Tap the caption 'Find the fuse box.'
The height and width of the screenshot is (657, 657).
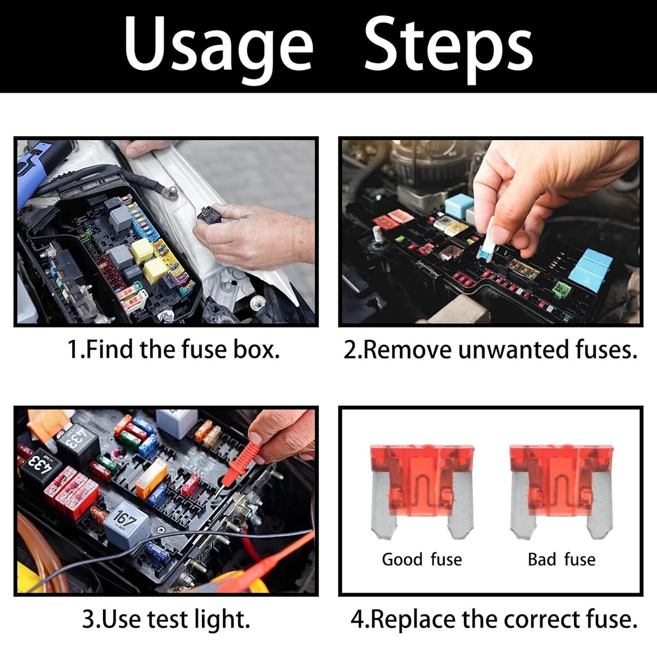point(183,349)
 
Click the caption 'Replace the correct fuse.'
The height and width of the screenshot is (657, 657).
point(504,619)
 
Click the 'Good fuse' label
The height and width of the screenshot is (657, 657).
point(422,560)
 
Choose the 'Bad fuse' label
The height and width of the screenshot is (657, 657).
point(562,560)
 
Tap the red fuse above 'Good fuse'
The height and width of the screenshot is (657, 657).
point(422,491)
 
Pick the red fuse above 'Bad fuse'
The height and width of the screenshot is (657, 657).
point(561,491)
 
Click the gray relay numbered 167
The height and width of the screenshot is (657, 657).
point(126,527)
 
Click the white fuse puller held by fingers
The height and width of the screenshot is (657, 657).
point(488,243)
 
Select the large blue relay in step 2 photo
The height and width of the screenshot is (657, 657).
point(590,270)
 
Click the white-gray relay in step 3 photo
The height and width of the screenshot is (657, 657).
point(176,423)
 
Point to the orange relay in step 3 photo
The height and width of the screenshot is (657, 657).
point(151,475)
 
